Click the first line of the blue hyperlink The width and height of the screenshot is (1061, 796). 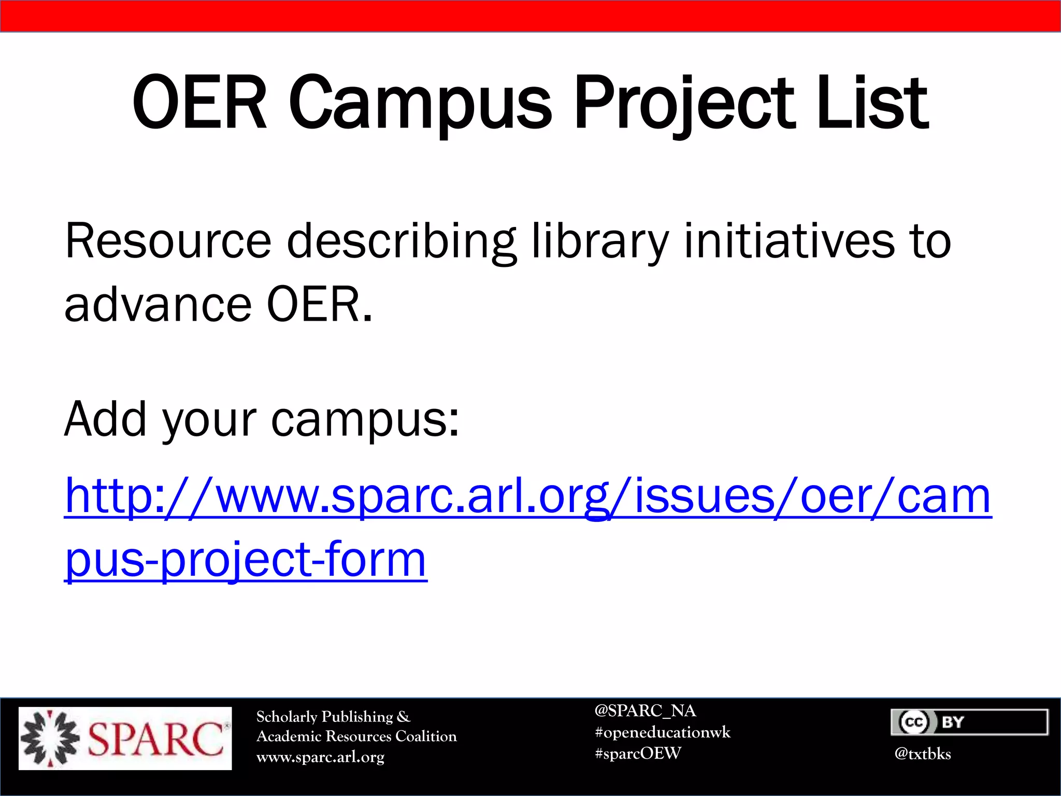coord(527,496)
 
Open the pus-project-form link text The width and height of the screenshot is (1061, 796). coord(246,560)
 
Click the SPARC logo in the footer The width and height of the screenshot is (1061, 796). coord(125,738)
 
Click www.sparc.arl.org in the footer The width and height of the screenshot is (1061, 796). coord(320,757)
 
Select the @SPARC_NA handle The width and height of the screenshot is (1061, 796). coord(645,710)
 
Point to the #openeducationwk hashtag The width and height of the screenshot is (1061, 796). coord(663,732)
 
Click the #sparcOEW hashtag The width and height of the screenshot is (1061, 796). coord(638,754)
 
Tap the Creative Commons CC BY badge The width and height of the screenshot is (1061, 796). coord(969,722)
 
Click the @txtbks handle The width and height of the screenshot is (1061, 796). coord(922,754)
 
